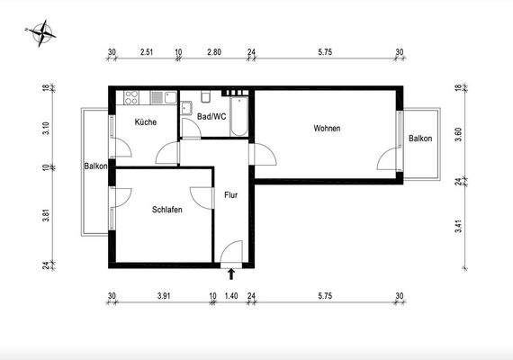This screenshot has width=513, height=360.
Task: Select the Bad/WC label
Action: (x=211, y=116)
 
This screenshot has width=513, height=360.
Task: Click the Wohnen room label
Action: (x=327, y=129)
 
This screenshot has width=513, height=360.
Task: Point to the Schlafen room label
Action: (x=167, y=209)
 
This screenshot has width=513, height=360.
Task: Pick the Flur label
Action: (x=230, y=194)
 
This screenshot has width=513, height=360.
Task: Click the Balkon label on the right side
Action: (x=419, y=139)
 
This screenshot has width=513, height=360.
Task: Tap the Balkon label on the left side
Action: (x=96, y=166)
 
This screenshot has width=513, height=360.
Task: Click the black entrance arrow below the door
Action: (x=231, y=274)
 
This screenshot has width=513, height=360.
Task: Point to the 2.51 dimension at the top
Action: (x=147, y=53)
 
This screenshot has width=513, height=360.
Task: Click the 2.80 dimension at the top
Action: (x=213, y=53)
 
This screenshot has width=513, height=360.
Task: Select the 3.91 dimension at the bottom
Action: (x=163, y=295)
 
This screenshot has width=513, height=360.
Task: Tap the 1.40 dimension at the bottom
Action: (x=231, y=295)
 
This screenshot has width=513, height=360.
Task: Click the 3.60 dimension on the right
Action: (x=459, y=134)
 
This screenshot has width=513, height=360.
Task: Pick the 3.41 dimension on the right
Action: (x=459, y=225)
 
